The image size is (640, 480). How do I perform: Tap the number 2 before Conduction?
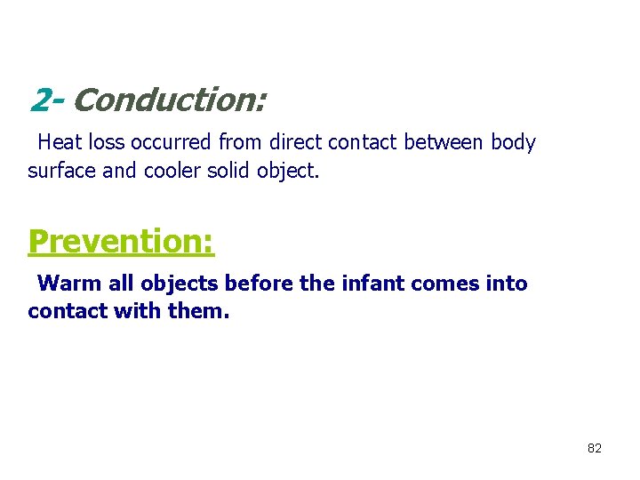tap(39, 100)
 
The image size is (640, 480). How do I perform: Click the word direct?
tap(295, 142)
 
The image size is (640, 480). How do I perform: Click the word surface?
tap(62, 170)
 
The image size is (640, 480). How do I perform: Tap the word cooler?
tap(174, 170)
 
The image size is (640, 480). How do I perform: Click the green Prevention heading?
tap(121, 241)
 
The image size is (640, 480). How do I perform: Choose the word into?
tap(507, 284)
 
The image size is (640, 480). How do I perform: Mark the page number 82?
tap(595, 448)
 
